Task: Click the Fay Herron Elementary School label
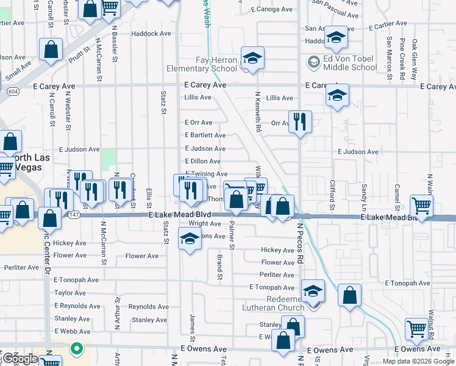pyautogui.click(x=207, y=65)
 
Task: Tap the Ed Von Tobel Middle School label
pyautogui.click(x=350, y=63)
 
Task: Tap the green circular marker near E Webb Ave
pyautogui.click(x=76, y=350)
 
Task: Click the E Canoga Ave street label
pyautogui.click(x=272, y=9)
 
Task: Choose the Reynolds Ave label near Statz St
pyautogui.click(x=149, y=307)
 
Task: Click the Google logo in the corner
pyautogui.click(x=20, y=359)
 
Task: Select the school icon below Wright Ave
pyautogui.click(x=190, y=240)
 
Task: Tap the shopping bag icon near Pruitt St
pyautogui.click(x=51, y=50)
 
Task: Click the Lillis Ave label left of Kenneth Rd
pyautogui.click(x=198, y=98)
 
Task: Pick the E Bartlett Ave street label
pyautogui.click(x=205, y=135)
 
